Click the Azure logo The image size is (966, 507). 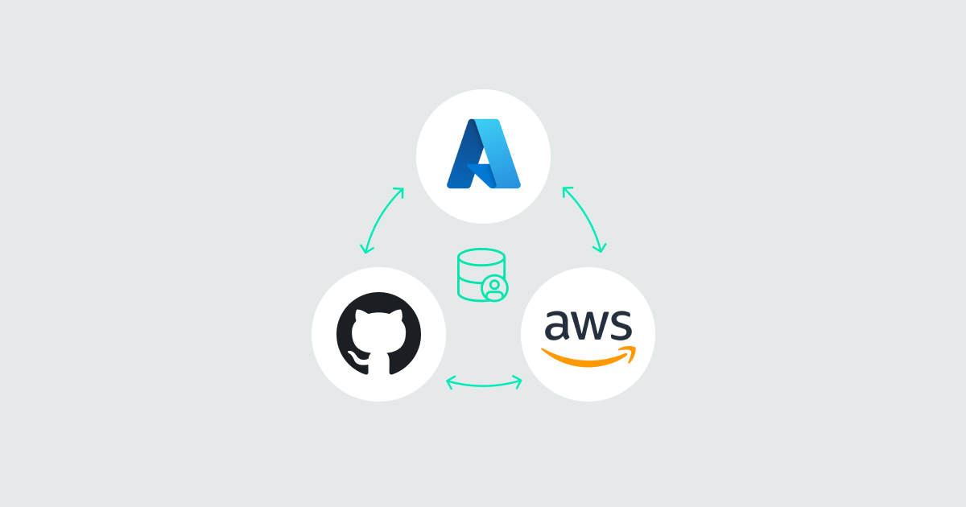[484, 154]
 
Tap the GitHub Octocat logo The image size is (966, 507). [378, 334]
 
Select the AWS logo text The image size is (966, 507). [588, 324]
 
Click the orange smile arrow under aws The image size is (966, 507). [588, 357]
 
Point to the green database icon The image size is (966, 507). [481, 274]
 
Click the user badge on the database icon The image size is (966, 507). [494, 288]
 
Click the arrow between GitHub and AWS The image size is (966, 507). [484, 385]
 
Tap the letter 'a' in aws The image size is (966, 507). [558, 325]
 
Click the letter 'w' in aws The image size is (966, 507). [590, 325]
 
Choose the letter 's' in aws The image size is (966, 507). [621, 325]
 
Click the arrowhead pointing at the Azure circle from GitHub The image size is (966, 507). [400, 192]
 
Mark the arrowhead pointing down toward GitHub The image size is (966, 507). [365, 249]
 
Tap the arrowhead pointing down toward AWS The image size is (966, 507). [601, 248]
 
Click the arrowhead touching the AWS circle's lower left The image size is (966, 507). [518, 382]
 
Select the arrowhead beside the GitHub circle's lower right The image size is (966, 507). [450, 382]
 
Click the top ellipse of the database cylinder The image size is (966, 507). [481, 257]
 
